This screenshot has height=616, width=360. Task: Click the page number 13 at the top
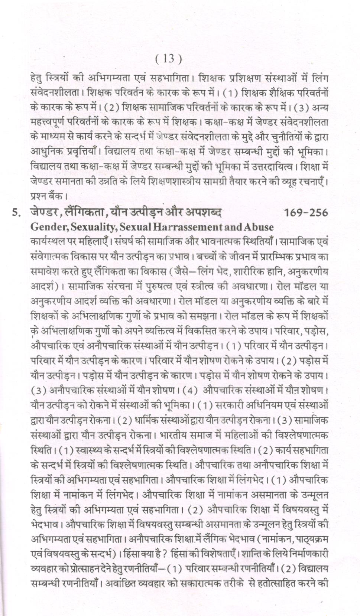(169, 59)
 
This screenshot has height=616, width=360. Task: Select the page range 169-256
(306, 212)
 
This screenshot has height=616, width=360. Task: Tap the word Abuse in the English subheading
(259, 226)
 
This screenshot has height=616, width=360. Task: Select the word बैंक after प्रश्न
(55, 195)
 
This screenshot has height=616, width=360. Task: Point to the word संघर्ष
(127, 242)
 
